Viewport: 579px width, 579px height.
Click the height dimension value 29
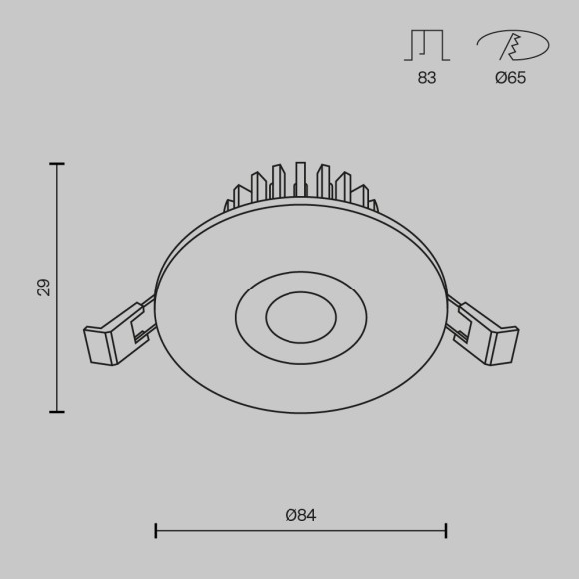click(43, 288)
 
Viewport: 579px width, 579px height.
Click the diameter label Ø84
click(300, 515)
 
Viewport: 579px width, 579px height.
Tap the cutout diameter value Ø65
click(510, 78)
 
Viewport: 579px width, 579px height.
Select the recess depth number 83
click(427, 78)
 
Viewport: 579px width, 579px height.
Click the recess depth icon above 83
click(427, 45)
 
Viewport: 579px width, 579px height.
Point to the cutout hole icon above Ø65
click(512, 46)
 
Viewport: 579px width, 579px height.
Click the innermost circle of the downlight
click(300, 318)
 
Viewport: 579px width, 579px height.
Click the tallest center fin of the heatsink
click(300, 180)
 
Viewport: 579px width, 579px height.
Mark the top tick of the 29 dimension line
click(57, 164)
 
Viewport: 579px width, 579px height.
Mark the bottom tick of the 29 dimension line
click(57, 411)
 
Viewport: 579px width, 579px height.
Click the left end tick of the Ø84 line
click(156, 530)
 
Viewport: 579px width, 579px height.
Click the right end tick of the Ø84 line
click(446, 530)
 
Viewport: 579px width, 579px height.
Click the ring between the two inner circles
click(250, 318)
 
